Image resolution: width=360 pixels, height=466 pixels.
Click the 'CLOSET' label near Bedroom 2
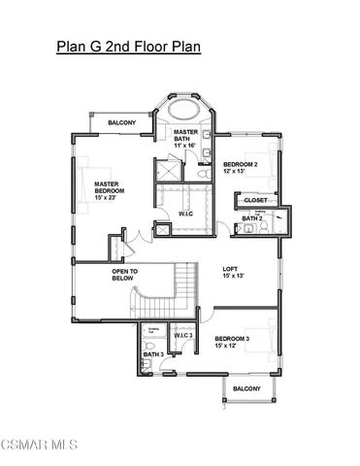pos(256,200)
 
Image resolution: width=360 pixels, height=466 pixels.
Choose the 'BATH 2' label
pos(251,218)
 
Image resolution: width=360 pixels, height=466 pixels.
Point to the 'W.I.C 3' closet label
pos(183,336)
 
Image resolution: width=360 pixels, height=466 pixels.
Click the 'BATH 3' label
pos(153,355)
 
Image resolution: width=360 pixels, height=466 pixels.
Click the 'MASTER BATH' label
pos(186,135)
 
